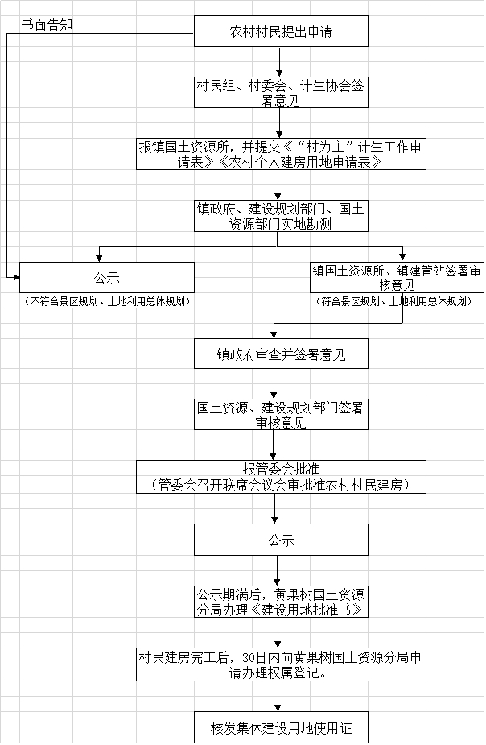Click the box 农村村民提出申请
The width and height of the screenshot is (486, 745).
tap(281, 31)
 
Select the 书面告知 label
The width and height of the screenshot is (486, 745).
tap(47, 25)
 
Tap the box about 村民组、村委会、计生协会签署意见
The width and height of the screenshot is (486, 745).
tap(281, 92)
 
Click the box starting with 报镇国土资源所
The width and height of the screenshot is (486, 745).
tap(281, 154)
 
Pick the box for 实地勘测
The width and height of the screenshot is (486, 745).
tap(281, 216)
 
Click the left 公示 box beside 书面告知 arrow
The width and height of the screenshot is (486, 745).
tap(107, 278)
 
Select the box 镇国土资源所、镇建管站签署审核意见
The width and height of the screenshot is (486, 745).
tap(397, 278)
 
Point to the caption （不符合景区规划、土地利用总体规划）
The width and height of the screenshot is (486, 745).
tap(107, 301)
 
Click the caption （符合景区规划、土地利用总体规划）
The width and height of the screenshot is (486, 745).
tap(394, 301)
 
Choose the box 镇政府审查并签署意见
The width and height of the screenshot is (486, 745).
tap(281, 354)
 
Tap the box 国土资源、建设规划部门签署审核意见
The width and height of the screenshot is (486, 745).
tap(281, 415)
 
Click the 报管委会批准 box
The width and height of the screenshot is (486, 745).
tap(281, 477)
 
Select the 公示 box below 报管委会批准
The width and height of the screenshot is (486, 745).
tap(281, 540)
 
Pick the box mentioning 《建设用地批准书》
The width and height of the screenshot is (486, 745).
tap(281, 602)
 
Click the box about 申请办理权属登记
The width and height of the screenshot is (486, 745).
tap(281, 664)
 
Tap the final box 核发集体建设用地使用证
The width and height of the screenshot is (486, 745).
tap(281, 727)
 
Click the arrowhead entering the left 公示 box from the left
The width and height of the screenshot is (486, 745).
tap(16, 278)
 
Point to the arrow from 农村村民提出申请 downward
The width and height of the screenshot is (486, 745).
tap(280, 62)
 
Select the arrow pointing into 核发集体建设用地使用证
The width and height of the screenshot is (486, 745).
tap(278, 696)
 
